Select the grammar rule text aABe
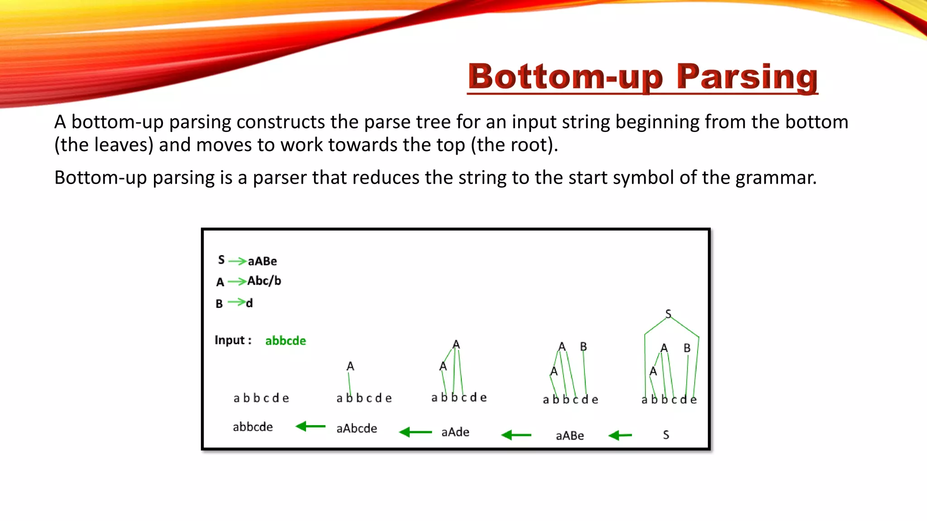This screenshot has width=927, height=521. pos(262,261)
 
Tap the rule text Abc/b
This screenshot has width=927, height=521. pos(264,281)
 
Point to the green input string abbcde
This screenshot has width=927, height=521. pos(285,341)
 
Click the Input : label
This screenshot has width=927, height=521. pos(233,340)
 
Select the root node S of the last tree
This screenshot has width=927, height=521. pos(668,313)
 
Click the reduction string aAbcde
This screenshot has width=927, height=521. pos(356,428)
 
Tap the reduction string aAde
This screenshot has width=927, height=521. pos(455,432)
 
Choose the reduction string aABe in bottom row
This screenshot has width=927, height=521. pos(569,436)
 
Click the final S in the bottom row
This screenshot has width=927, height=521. pos(666,435)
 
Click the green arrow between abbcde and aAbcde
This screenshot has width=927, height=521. pos(311,426)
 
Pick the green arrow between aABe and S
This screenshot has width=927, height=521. pos(620,436)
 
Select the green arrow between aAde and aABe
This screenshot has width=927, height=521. pos(516,435)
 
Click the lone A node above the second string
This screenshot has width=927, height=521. pos(350,366)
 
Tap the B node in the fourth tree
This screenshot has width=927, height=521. pos(583,346)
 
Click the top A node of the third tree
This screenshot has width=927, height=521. pos(456,345)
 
